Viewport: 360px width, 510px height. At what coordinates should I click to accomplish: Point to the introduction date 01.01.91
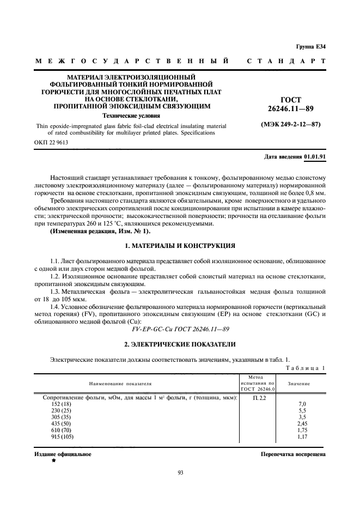click(x=314, y=156)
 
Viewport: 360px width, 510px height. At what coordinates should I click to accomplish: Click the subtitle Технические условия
click(x=131, y=116)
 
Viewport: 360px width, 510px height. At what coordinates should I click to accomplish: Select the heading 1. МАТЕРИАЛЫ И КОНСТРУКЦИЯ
click(x=180, y=246)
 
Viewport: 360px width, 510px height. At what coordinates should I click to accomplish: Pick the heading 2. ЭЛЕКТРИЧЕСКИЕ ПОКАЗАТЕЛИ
click(x=180, y=344)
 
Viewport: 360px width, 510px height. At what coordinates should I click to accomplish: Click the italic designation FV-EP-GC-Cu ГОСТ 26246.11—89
click(x=180, y=330)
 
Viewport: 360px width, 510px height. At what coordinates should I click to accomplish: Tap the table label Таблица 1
click(x=305, y=368)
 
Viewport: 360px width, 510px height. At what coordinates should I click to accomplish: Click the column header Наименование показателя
click(x=121, y=384)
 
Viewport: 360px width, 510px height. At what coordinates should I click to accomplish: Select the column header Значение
click(x=299, y=384)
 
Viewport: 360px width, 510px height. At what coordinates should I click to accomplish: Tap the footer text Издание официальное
click(x=63, y=454)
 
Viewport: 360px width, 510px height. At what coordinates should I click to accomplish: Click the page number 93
click(x=180, y=472)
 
